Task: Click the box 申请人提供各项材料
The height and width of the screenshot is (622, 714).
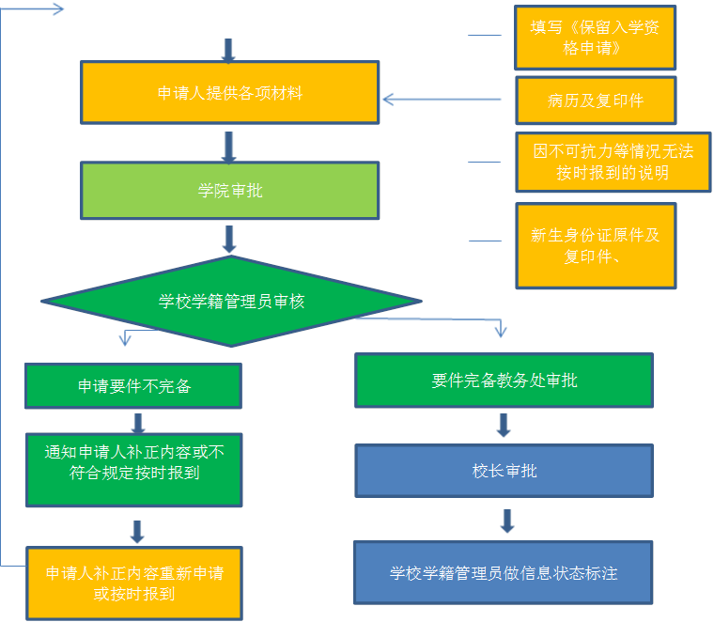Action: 229,93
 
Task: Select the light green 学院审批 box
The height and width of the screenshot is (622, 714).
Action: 229,191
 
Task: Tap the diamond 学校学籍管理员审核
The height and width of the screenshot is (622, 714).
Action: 231,302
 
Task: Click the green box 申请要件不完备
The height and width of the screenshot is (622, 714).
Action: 133,386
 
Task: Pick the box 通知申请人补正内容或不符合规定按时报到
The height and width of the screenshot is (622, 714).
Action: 133,469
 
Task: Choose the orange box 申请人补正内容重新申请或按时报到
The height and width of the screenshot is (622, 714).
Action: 133,583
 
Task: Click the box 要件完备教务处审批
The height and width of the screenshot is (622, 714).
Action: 504,381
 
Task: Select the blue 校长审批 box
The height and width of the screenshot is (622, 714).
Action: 504,471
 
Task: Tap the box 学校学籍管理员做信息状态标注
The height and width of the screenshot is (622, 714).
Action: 503,572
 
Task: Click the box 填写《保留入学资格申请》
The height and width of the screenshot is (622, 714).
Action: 595,38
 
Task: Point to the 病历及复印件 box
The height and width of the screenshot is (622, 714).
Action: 595,101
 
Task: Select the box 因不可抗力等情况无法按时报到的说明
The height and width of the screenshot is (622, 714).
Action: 613,162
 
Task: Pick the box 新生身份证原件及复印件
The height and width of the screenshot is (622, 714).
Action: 595,245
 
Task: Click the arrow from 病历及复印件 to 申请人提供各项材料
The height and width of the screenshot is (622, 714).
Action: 447,99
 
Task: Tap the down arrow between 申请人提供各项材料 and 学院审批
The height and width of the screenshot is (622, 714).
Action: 228,146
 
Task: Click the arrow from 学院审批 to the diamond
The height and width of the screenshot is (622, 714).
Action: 228,239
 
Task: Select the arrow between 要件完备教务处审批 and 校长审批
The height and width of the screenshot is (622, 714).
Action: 504,426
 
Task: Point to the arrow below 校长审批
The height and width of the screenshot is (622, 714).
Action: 507,521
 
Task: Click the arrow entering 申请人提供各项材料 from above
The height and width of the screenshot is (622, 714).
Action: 228,50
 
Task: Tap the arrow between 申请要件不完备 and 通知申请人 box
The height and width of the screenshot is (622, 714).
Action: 138,422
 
